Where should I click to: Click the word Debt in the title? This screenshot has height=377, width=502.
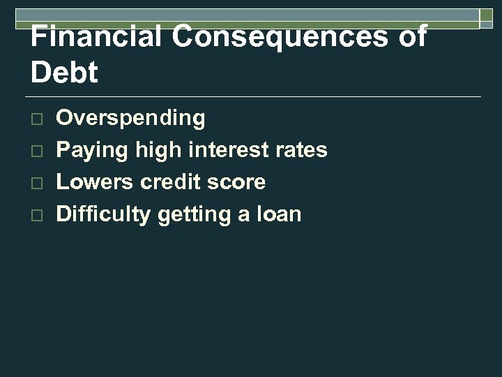point(65,73)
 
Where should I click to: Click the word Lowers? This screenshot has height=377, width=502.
point(95,182)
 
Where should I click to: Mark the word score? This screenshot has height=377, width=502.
point(238,182)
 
